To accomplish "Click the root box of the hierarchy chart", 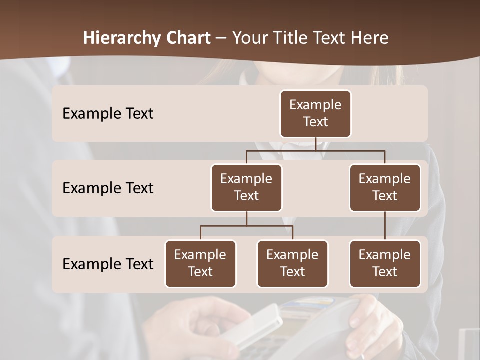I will click(315, 113).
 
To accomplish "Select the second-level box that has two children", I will click(246, 187).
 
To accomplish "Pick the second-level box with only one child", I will click(385, 187).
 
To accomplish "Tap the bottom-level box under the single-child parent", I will click(385, 263).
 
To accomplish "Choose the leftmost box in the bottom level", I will click(200, 263).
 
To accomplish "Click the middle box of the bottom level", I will click(292, 263).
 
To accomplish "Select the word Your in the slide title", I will click(249, 38).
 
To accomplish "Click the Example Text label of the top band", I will click(108, 113).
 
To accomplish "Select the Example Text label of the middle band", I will click(108, 188).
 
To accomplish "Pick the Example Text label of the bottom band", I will click(108, 264).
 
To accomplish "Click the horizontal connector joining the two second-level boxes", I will click(315, 150).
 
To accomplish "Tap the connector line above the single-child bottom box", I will click(385, 226).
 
